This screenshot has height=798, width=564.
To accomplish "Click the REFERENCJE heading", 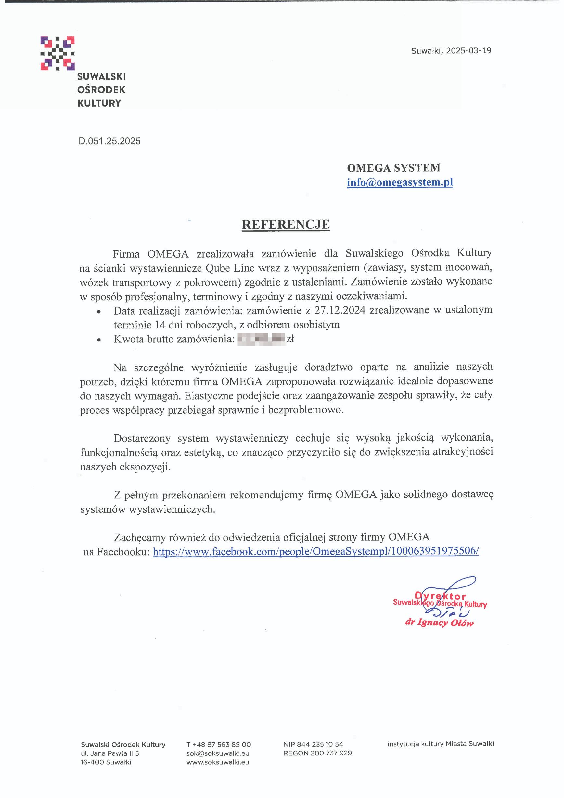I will pos(285,225).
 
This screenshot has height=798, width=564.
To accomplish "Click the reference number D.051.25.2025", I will pos(110,141).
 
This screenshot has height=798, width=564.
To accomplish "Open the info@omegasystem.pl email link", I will pos(400,183).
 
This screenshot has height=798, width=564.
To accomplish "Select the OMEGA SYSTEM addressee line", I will pos(393,168).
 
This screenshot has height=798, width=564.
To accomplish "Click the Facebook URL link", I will pos(316,552).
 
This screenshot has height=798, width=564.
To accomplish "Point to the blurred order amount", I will pos(261,339).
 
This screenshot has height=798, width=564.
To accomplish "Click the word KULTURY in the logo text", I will pos(99,103).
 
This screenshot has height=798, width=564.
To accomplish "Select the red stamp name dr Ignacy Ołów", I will pos(439,623).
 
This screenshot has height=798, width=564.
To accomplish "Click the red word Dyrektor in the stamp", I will pos(440,597).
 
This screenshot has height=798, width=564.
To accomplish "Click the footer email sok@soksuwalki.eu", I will pos(218,753).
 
